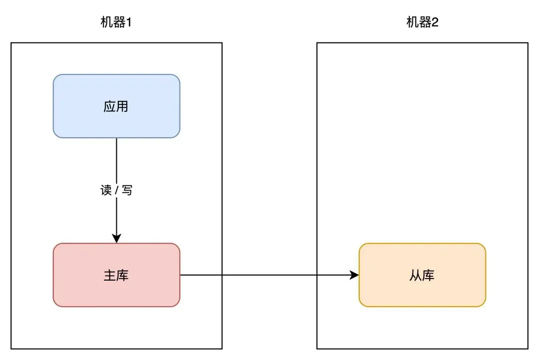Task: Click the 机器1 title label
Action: [x=116, y=22]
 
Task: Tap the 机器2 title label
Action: [x=422, y=22]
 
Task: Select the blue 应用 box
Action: [x=116, y=106]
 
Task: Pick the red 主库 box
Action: [x=116, y=275]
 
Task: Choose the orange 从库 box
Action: [x=422, y=275]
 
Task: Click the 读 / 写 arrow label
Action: [x=116, y=190]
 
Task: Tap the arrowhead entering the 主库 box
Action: [x=116, y=239]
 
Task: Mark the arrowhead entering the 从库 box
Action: [x=354, y=275]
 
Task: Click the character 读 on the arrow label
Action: [x=106, y=190]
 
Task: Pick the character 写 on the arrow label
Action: [x=127, y=190]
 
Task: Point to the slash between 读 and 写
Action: [x=117, y=190]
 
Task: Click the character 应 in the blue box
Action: [x=110, y=106]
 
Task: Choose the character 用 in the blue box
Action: [x=123, y=106]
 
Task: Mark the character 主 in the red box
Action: [x=110, y=275]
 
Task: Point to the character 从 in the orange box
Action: [x=416, y=275]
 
